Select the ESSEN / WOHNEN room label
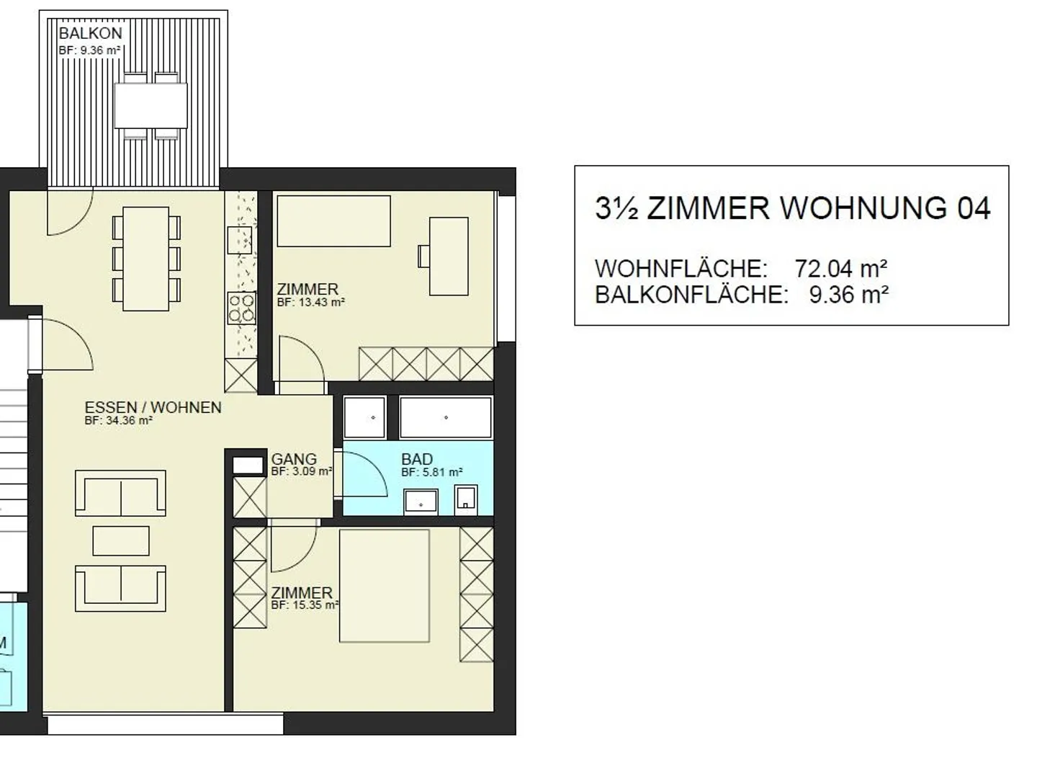pos(153,407)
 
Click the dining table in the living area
pos(146,259)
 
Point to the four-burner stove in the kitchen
pos(241,308)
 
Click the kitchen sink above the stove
pos(239,239)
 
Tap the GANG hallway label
pos(294,459)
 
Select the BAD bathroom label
pos(417,459)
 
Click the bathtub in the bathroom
pos(446,417)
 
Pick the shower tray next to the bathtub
pos(364,417)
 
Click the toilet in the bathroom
pos(466,499)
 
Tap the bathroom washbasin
pos(421,499)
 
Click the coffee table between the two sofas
pos(121,540)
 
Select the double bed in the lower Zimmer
pos(385,585)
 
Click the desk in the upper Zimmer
pos(448,256)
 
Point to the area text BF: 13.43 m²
pos(310,303)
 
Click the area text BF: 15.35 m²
pos(305,605)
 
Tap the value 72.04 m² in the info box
pos(840,269)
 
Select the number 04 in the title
pos(973,208)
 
